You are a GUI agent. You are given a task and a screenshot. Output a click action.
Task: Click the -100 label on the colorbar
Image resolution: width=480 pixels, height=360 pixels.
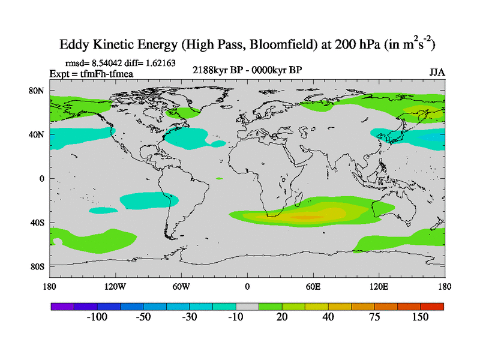(x=98, y=317)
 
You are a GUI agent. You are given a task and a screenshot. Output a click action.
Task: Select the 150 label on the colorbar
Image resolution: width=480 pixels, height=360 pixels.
(x=420, y=317)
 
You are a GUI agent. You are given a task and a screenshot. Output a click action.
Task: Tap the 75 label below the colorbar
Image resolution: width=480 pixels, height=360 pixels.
(x=374, y=317)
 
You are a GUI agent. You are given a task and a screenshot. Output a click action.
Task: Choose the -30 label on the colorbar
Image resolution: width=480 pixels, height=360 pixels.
(x=190, y=317)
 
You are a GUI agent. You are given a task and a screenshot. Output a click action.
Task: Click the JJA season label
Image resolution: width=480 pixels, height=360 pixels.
(x=437, y=73)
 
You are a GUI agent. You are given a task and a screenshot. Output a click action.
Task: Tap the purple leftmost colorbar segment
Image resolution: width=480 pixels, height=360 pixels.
(x=62, y=306)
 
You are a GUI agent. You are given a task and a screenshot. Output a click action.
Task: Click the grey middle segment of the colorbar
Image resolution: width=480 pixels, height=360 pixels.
(x=247, y=306)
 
